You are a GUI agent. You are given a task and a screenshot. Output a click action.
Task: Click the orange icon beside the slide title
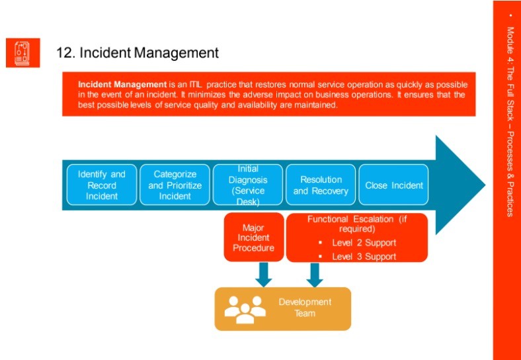tap(23, 53)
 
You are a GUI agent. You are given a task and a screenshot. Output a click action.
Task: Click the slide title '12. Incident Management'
tap(137, 52)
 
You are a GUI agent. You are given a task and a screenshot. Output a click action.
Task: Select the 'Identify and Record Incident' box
tap(102, 185)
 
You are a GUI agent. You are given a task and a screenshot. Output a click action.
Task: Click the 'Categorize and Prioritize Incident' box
tap(175, 185)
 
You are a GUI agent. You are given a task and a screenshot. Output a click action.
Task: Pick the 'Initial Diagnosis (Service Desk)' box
tap(248, 185)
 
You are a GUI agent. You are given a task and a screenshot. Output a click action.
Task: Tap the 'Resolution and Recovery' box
tap(321, 185)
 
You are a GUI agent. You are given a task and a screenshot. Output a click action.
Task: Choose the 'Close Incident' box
tap(394, 185)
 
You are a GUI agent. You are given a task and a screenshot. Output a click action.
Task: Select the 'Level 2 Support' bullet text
tap(364, 244)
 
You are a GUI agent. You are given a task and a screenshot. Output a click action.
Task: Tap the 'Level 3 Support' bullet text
tap(364, 257)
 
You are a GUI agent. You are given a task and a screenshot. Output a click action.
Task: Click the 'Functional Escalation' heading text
tap(356, 224)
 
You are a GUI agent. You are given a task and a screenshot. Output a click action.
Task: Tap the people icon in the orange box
tap(245, 308)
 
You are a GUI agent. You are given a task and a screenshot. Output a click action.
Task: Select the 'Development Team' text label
tap(305, 308)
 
